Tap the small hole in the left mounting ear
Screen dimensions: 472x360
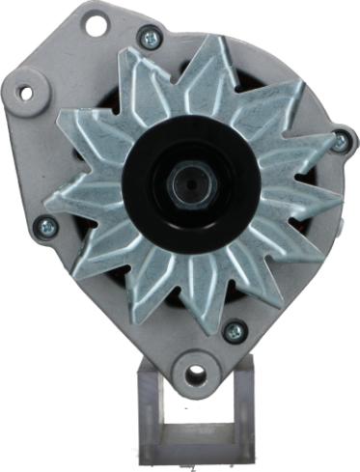pyautogui.click(x=26, y=94)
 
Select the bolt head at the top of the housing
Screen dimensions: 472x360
pyautogui.click(x=148, y=39)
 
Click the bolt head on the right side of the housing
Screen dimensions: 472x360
pyautogui.click(x=340, y=141)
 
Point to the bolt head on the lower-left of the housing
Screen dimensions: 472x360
pyautogui.click(x=44, y=228)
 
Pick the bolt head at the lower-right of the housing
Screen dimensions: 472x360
pyautogui.click(x=234, y=330)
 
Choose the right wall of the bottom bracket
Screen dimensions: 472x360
pyautogui.click(x=245, y=405)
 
